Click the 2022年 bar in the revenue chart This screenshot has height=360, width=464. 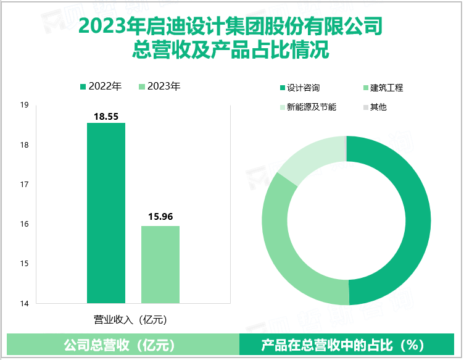point(106,213)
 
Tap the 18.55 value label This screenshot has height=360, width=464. point(106,115)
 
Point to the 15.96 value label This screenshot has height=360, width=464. point(160,217)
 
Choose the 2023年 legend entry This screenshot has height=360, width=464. point(160,86)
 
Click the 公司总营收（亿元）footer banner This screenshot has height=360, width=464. point(123,345)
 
